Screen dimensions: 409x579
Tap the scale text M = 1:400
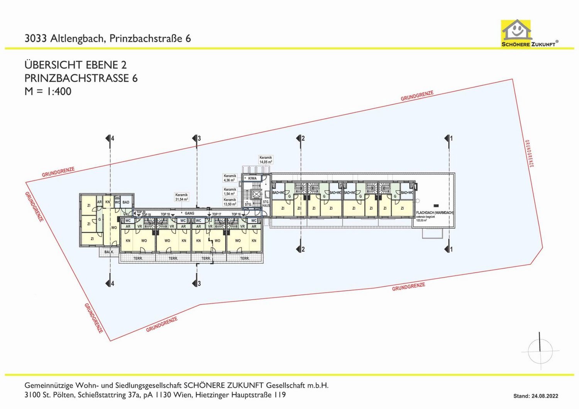48,91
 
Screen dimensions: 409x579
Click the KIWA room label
252,178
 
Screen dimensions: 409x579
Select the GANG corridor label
190,214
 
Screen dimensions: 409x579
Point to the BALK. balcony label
109,252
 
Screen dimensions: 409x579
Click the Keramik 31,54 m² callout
181,197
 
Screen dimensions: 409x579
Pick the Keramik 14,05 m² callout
266,160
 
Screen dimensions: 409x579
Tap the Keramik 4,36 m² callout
230,178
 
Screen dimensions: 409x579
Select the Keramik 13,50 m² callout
230,202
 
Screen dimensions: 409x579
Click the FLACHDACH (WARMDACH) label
435,213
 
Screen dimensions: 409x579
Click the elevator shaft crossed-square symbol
256,194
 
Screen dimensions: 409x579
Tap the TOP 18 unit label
165,214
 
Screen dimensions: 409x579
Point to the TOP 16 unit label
236,214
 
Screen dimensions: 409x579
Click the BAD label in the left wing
126,202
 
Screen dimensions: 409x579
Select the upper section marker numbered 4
110,138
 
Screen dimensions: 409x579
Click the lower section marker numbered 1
449,249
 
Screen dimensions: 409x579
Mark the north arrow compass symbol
540,351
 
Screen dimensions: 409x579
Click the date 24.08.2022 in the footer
545,396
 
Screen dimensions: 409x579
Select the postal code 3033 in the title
36,39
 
